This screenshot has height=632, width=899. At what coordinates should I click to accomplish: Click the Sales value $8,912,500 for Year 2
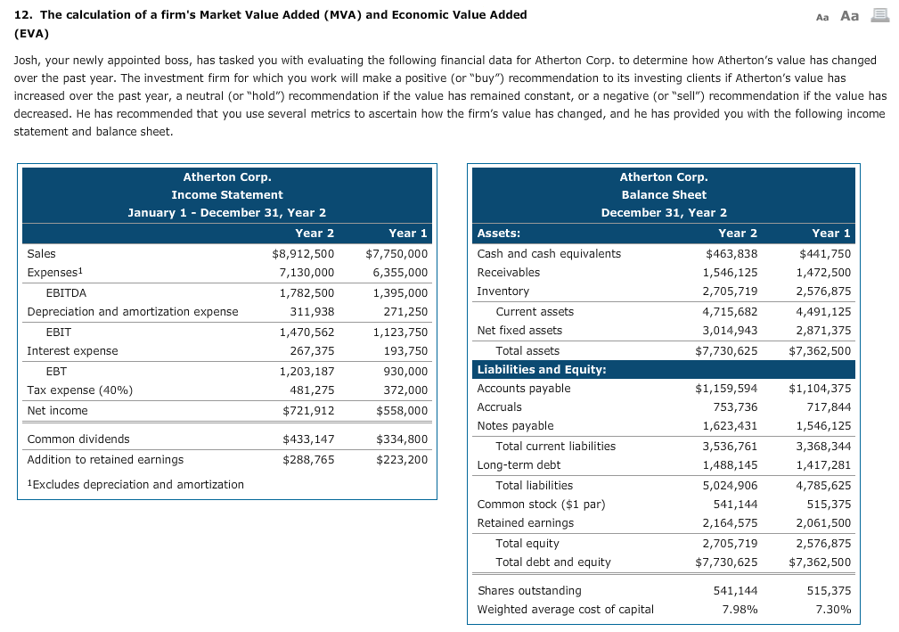pos(303,253)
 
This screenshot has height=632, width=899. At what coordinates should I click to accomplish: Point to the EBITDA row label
pos(66,292)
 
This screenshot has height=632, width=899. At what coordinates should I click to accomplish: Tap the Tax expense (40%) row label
pos(79,390)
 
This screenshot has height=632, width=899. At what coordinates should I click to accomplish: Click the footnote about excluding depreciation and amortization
pos(135,484)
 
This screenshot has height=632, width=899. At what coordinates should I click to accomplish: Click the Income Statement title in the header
pos(227,195)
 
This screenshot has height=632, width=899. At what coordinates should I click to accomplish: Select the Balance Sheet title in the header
pos(664,195)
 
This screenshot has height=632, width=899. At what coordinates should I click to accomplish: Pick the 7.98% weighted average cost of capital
pos(739,610)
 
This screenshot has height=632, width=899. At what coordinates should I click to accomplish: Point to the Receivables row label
pos(509,272)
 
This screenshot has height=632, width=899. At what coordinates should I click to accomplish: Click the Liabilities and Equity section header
pos(542,369)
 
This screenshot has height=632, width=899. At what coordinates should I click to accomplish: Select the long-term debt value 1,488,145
pos(730,465)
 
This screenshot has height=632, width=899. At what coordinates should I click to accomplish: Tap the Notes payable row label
pos(515,426)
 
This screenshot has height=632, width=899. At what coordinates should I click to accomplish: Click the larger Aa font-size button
pos(851,15)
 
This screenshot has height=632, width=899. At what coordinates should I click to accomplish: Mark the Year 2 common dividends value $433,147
pos(307,439)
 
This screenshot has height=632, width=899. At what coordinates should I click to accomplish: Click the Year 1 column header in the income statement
pos(407,233)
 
